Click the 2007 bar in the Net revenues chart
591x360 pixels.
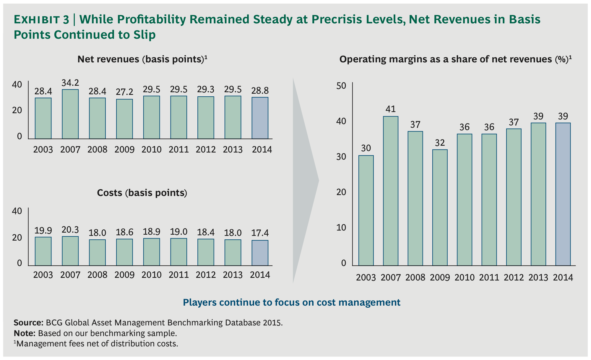(70, 114)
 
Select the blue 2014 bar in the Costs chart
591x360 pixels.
(260, 253)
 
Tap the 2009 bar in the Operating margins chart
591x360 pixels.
(440, 207)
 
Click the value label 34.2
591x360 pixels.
(70, 83)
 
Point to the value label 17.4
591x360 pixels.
(260, 233)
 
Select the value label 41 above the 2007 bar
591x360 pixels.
(391, 109)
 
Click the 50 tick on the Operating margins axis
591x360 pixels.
(341, 86)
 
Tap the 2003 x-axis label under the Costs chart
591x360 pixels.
(43, 275)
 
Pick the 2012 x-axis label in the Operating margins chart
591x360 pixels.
(514, 278)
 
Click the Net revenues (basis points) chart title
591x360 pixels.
(142, 59)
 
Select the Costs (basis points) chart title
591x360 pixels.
(142, 193)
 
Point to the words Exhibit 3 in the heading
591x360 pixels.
(41, 20)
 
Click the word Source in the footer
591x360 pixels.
(28, 322)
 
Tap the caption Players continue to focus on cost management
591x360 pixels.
(292, 302)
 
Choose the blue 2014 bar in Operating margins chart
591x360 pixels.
(563, 194)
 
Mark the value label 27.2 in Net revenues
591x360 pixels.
(124, 92)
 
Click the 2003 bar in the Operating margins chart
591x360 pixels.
(366, 210)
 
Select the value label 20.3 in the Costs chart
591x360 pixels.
(70, 230)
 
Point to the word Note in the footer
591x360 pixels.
(25, 333)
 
